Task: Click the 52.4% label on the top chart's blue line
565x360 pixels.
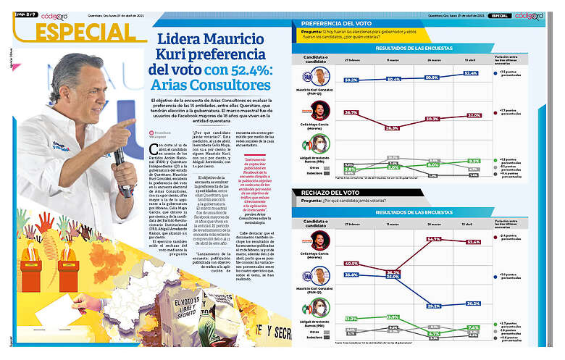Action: click(472, 73)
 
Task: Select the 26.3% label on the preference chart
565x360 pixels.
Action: click(393, 127)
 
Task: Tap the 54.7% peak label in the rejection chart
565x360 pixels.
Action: click(433, 238)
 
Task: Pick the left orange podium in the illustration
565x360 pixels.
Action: click(30, 275)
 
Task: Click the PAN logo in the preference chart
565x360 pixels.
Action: click(306, 75)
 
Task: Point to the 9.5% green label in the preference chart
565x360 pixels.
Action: click(474, 162)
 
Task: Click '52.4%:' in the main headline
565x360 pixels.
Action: click(238, 70)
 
